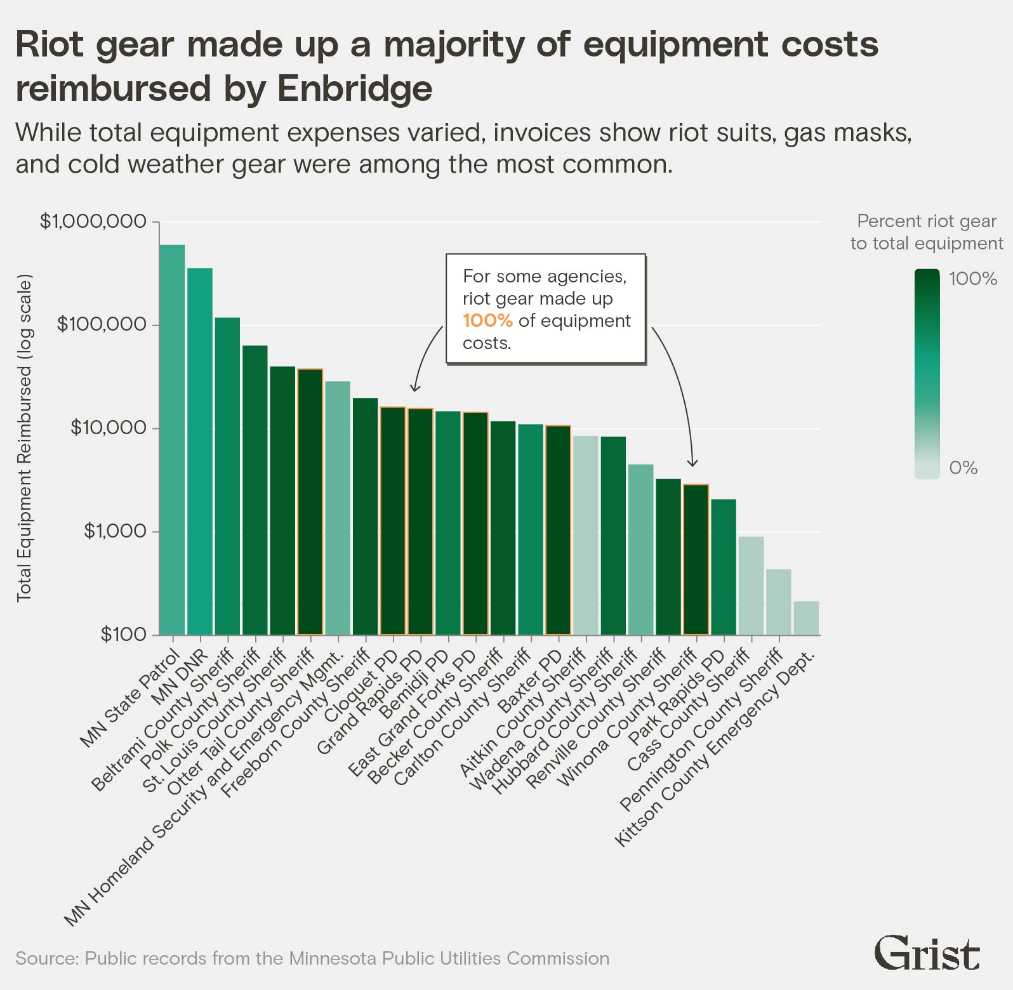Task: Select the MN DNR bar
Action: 199,451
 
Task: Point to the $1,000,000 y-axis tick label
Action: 93,221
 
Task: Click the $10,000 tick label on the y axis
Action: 109,428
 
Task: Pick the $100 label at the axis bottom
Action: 124,634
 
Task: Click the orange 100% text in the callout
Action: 487,320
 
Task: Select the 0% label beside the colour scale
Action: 963,468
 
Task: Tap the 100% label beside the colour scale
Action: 973,279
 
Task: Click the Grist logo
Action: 927,953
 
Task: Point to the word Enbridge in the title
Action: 355,88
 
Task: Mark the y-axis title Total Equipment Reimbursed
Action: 24,438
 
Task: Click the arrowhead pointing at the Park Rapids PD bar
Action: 693,463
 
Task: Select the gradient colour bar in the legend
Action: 927,374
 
